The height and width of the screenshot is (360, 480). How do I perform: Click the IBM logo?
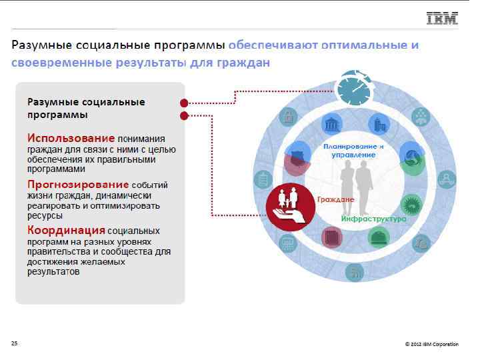(442, 18)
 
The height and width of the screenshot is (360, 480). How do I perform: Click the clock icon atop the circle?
(353, 89)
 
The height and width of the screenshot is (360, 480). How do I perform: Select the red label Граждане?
(335, 199)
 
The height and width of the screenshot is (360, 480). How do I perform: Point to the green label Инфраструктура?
(373, 219)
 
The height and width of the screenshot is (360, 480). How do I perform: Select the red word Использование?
(71, 137)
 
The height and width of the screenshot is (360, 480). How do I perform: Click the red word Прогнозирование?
(78, 183)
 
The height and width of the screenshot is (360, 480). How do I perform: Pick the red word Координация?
(66, 230)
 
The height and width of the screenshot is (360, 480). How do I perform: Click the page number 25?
(14, 343)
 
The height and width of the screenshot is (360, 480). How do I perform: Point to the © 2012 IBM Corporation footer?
(431, 344)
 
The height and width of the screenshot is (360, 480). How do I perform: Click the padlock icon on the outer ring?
(289, 118)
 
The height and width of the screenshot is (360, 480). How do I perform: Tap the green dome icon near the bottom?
(379, 237)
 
